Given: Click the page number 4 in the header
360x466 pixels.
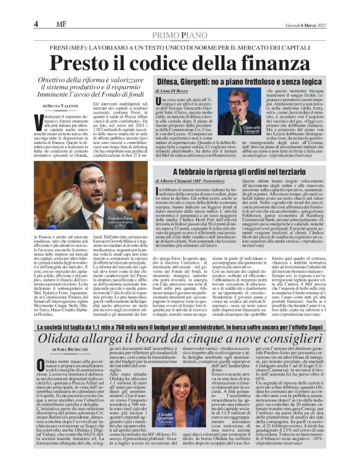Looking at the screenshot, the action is tap(37, 24).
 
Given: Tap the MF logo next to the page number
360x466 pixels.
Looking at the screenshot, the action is tap(60, 24).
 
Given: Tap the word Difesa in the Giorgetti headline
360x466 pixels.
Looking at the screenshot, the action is tap(176, 81).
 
